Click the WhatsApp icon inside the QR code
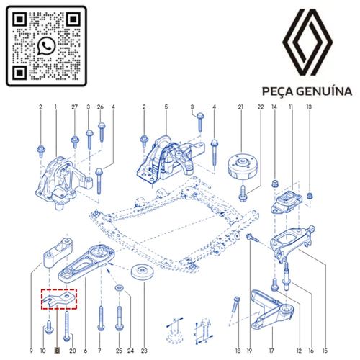(46, 46)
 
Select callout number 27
(74, 107)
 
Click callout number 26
(101, 107)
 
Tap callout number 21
(240, 107)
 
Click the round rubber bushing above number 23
(142, 279)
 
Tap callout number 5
(166, 107)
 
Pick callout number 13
(309, 107)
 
